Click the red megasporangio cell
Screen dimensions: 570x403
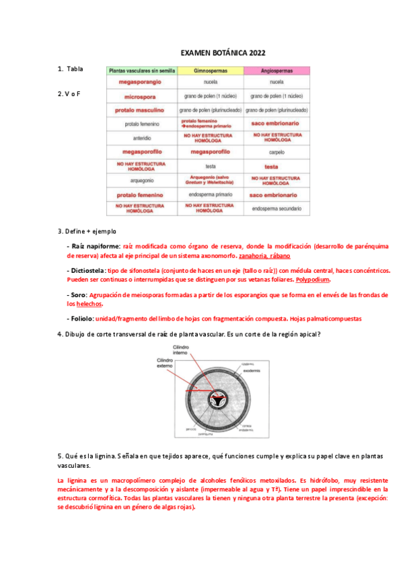(140, 82)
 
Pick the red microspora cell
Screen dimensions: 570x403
(140, 96)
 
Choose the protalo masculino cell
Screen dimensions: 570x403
(140, 110)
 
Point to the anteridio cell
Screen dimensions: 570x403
(140, 138)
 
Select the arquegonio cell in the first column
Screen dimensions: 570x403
(140, 180)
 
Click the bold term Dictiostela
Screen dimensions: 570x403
(85, 271)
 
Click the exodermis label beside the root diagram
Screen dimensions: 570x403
(252, 369)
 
